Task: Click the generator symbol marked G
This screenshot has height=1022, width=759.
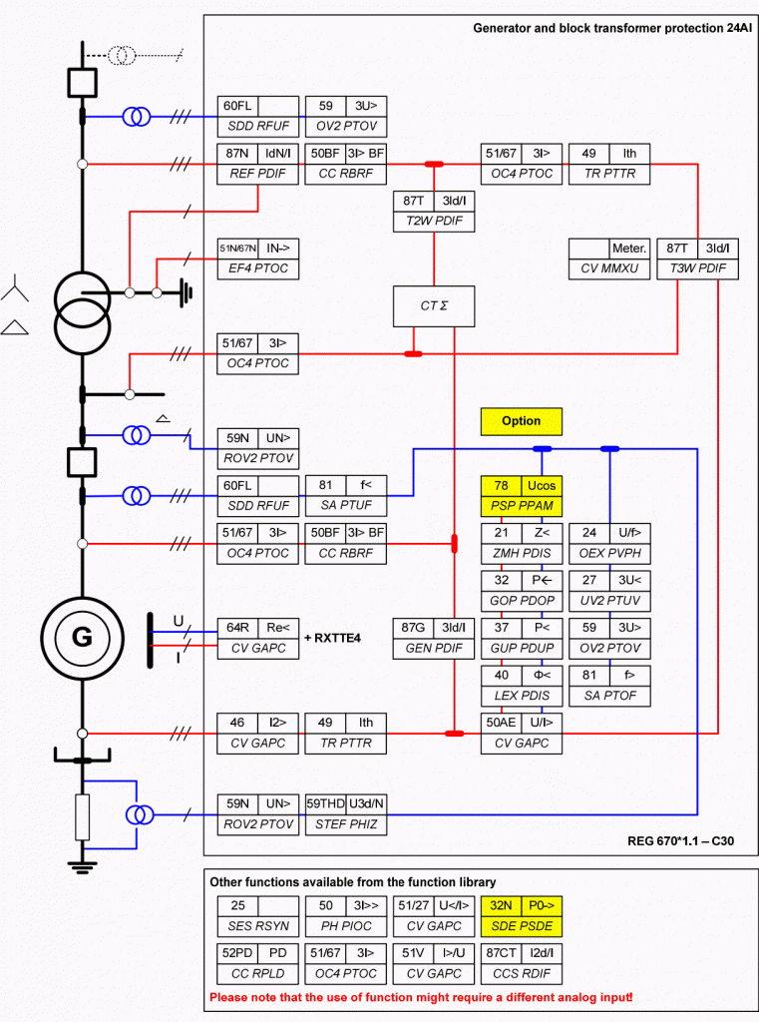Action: pos(82,638)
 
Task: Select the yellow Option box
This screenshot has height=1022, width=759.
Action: pos(522,421)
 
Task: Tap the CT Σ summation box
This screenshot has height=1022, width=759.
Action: pos(434,306)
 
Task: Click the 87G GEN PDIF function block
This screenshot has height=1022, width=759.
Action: pos(434,638)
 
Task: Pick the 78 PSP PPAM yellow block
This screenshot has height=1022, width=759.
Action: pos(522,496)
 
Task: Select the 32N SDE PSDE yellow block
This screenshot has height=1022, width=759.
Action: pos(522,916)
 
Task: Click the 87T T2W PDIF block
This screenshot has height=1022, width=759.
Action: pos(434,212)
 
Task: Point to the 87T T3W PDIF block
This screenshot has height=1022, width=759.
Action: pos(698,258)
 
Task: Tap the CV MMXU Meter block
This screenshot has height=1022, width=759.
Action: pos(609,258)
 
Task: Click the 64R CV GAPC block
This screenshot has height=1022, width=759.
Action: pos(258,638)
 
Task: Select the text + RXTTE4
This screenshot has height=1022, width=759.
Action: pos(332,638)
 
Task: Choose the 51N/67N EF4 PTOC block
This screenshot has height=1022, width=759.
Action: pos(258,258)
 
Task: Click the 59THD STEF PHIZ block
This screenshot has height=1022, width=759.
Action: pos(346,814)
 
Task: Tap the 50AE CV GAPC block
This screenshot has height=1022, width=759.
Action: pos(522,734)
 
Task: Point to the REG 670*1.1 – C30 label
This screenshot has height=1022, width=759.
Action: pos(681,840)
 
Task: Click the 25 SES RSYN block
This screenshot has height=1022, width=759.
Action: pos(258,916)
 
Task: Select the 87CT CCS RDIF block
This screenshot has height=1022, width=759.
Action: pos(522,963)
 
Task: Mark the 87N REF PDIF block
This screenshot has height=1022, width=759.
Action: pos(258,164)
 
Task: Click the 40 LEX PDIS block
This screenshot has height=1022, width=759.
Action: pos(522,686)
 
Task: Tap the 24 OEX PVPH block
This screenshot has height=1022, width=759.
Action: pos(609,543)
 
